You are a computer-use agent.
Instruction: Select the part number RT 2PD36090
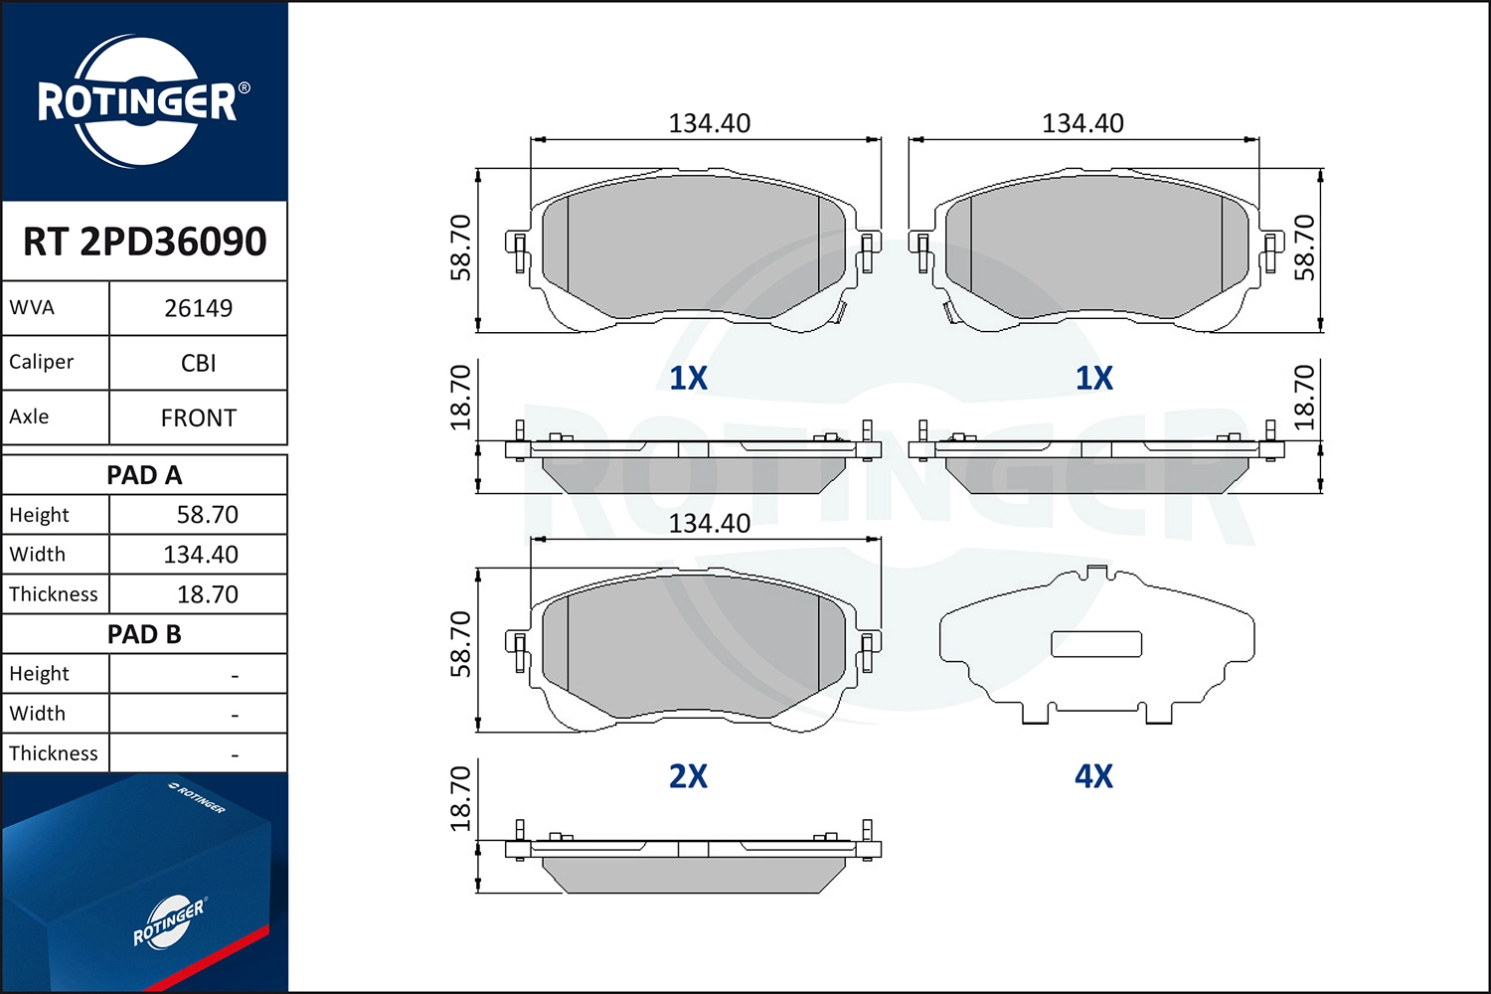(145, 242)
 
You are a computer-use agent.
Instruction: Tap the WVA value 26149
(198, 308)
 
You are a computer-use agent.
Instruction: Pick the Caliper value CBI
(198, 363)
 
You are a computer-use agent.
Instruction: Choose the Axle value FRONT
(198, 417)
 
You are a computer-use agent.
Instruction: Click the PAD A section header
(145, 475)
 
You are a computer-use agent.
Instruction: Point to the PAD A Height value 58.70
(207, 515)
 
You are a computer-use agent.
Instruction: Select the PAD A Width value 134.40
(201, 555)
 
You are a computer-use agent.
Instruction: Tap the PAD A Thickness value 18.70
(207, 594)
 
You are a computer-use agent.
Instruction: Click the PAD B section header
(145, 634)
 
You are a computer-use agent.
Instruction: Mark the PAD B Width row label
(38, 714)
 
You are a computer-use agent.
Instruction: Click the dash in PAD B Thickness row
(235, 755)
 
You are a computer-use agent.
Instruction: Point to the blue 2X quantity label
(688, 776)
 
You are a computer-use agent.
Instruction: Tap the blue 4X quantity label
(1093, 776)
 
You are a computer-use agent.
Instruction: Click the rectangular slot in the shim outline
(1096, 644)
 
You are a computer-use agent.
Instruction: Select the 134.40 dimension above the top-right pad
(1082, 123)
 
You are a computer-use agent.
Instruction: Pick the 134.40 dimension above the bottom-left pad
(709, 523)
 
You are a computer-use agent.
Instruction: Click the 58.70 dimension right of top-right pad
(1304, 248)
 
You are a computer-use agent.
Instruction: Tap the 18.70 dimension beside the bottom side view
(460, 798)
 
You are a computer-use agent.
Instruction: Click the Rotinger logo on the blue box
(169, 922)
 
